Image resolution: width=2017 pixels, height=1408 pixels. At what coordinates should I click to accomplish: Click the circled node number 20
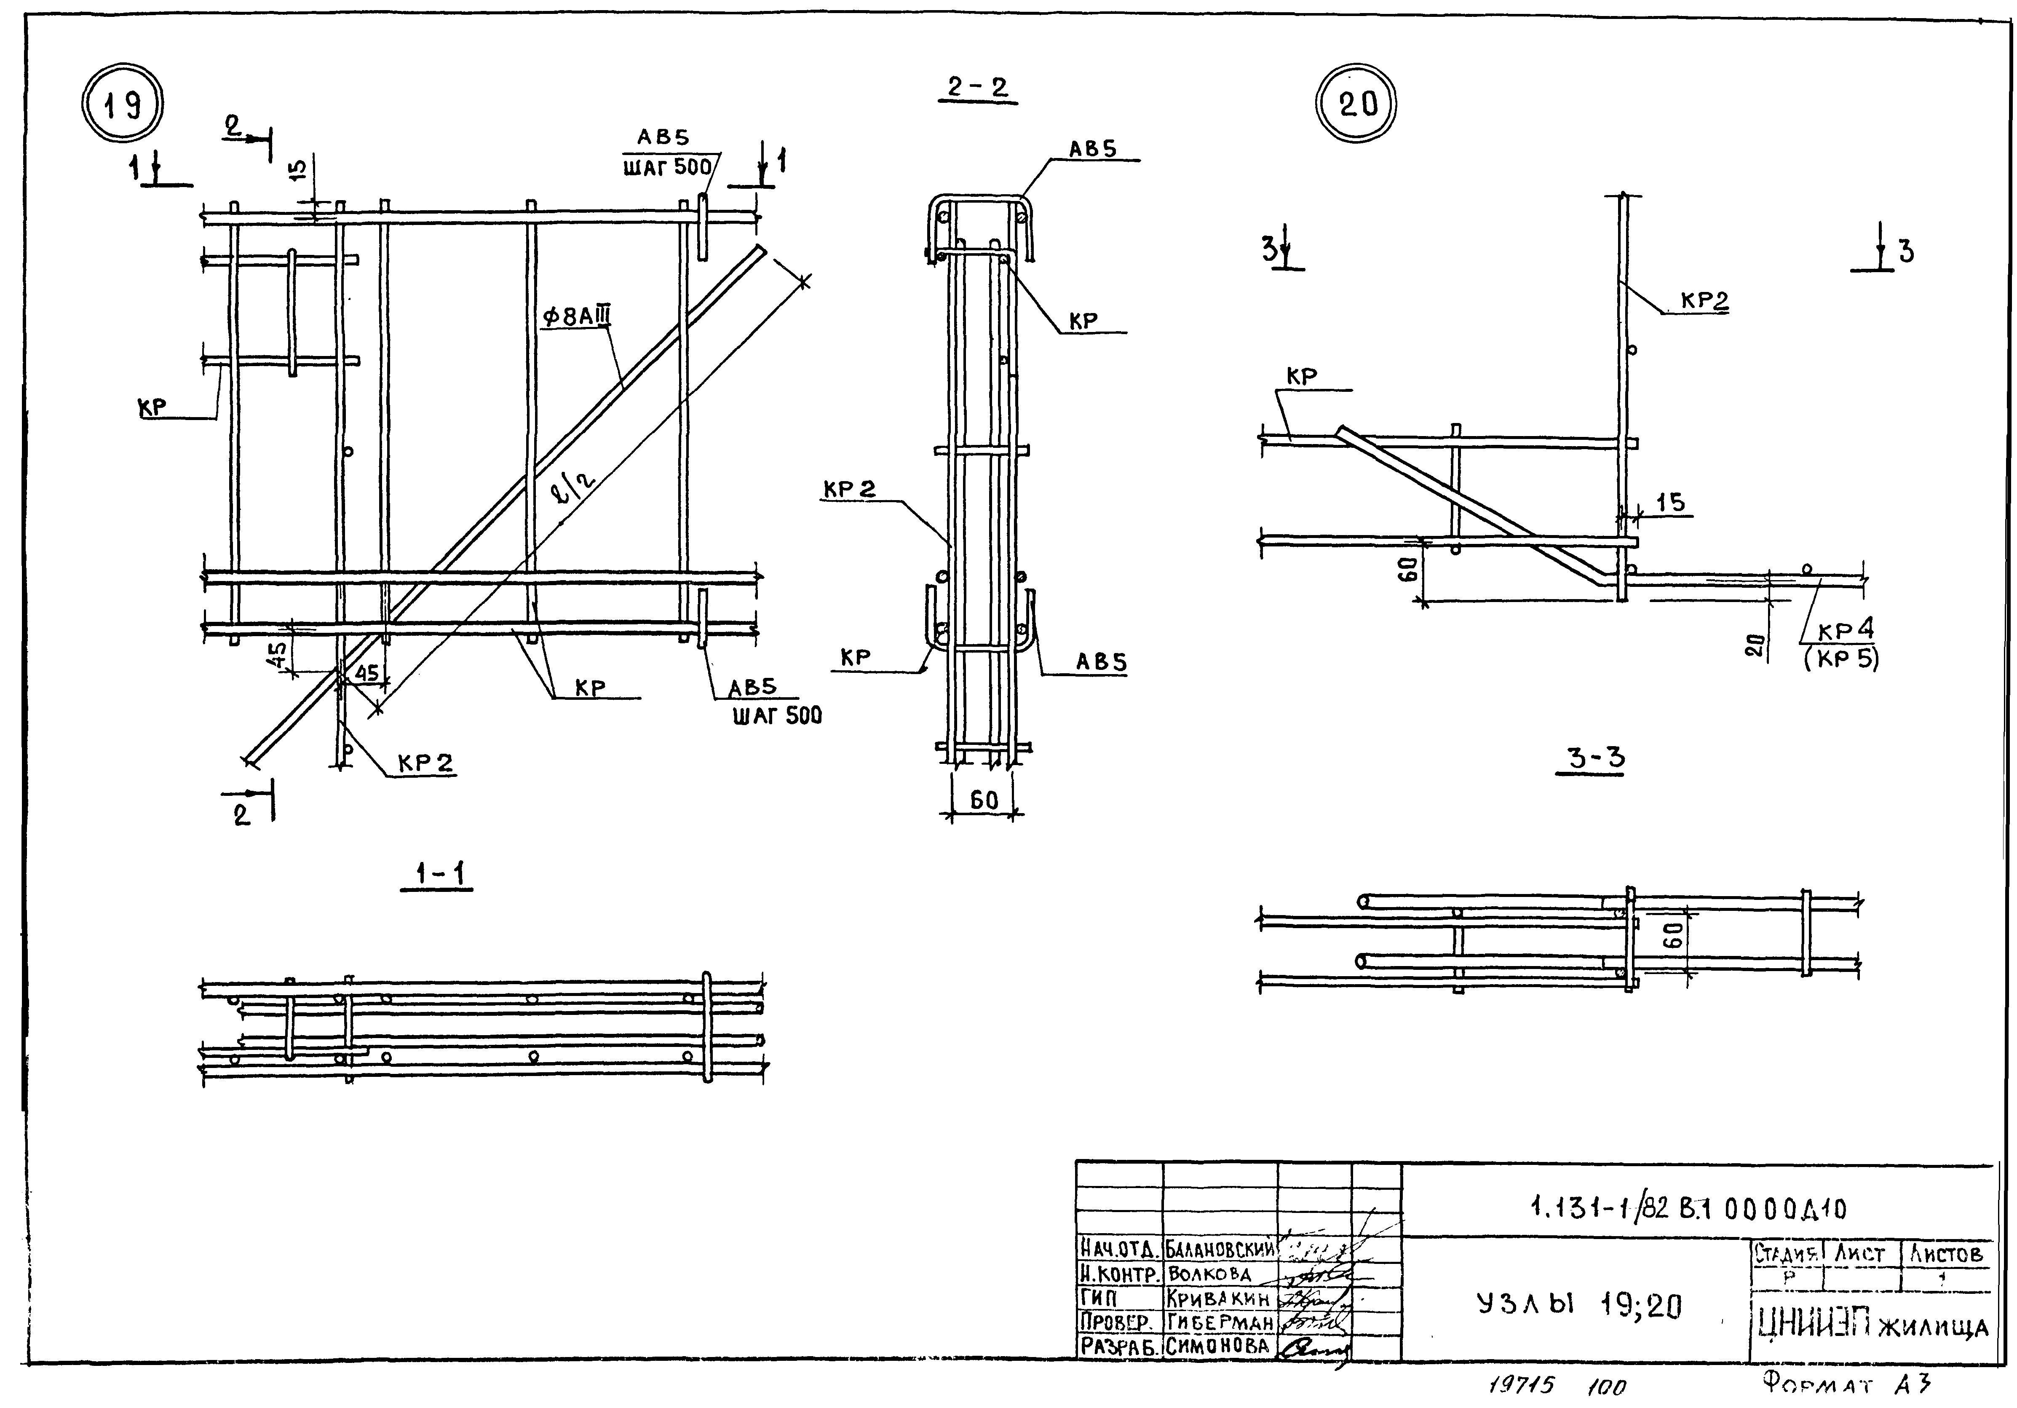[x=1357, y=104]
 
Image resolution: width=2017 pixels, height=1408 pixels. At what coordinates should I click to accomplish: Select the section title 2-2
[x=977, y=88]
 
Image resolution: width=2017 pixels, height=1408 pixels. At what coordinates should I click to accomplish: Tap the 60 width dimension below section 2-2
[x=984, y=800]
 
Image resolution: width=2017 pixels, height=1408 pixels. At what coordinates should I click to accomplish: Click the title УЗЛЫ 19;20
[x=1578, y=1306]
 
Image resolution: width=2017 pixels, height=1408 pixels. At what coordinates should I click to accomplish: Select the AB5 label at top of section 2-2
[x=1092, y=150]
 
